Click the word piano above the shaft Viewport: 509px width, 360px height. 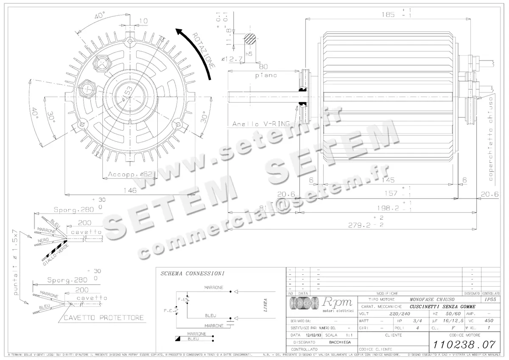(x=266, y=75)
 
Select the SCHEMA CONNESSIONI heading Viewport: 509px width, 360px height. (x=192, y=274)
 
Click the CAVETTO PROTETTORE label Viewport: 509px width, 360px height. (x=103, y=318)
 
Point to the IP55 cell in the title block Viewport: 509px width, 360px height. (x=490, y=299)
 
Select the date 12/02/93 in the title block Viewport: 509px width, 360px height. (x=314, y=335)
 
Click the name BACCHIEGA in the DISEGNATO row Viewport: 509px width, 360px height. (x=340, y=342)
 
